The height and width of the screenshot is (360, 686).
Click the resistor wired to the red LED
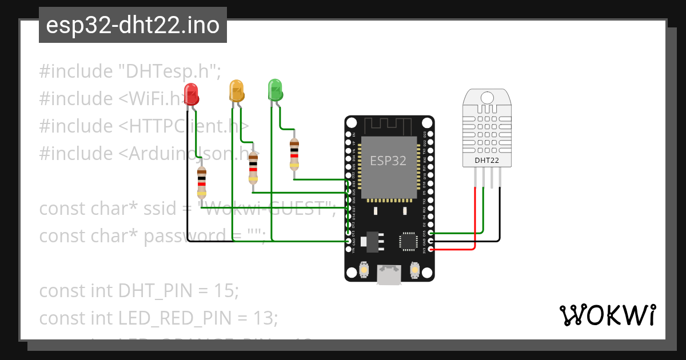click(201, 182)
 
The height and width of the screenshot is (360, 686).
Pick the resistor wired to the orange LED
click(253, 166)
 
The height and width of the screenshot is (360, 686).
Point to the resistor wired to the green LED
click(294, 154)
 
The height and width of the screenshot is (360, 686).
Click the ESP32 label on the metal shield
click(388, 161)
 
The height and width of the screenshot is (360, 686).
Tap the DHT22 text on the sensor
click(486, 161)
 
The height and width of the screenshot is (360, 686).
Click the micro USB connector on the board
click(389, 275)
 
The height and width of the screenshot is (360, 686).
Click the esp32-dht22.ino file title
click(133, 25)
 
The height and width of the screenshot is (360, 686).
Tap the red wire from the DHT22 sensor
click(475, 223)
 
